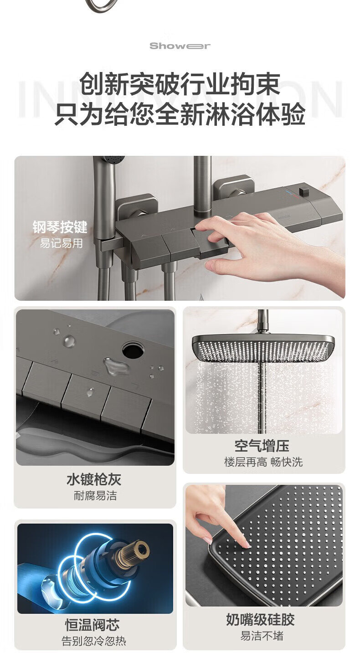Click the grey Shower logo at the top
click(x=180, y=46)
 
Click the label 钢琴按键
click(x=60, y=227)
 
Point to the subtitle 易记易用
click(x=61, y=243)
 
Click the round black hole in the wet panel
click(x=133, y=350)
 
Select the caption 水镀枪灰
click(x=94, y=479)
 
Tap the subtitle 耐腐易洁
click(x=95, y=496)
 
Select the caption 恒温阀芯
click(x=92, y=625)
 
